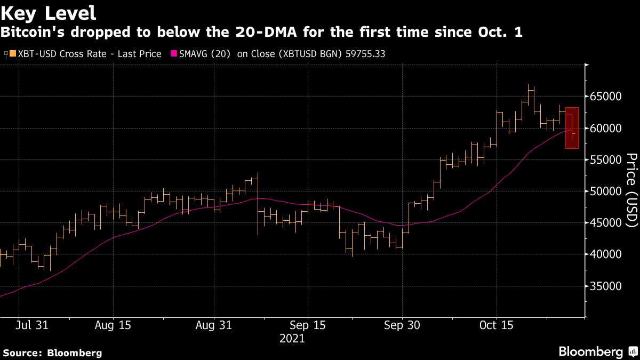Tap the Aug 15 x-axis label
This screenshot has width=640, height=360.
tap(113, 325)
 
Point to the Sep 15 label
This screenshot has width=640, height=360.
tap(308, 325)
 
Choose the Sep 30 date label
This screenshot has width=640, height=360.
tap(402, 325)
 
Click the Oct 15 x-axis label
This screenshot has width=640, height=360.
tap(497, 325)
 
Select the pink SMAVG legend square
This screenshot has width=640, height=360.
tap(173, 53)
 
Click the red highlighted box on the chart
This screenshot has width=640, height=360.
tap(572, 128)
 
